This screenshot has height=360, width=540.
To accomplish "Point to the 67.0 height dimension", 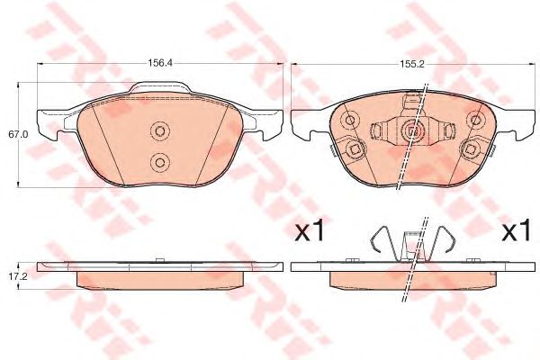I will pyautogui.click(x=14, y=134).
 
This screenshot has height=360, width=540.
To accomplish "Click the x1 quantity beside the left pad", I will pyautogui.click(x=309, y=233).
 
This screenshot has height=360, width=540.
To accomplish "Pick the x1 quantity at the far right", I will pyautogui.click(x=515, y=233).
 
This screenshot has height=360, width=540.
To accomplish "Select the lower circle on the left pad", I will pyautogui.click(x=159, y=162).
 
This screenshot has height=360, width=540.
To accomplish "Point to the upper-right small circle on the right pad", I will pyautogui.click(x=474, y=116).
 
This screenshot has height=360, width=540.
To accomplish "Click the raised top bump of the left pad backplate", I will pyautogui.click(x=161, y=88).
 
